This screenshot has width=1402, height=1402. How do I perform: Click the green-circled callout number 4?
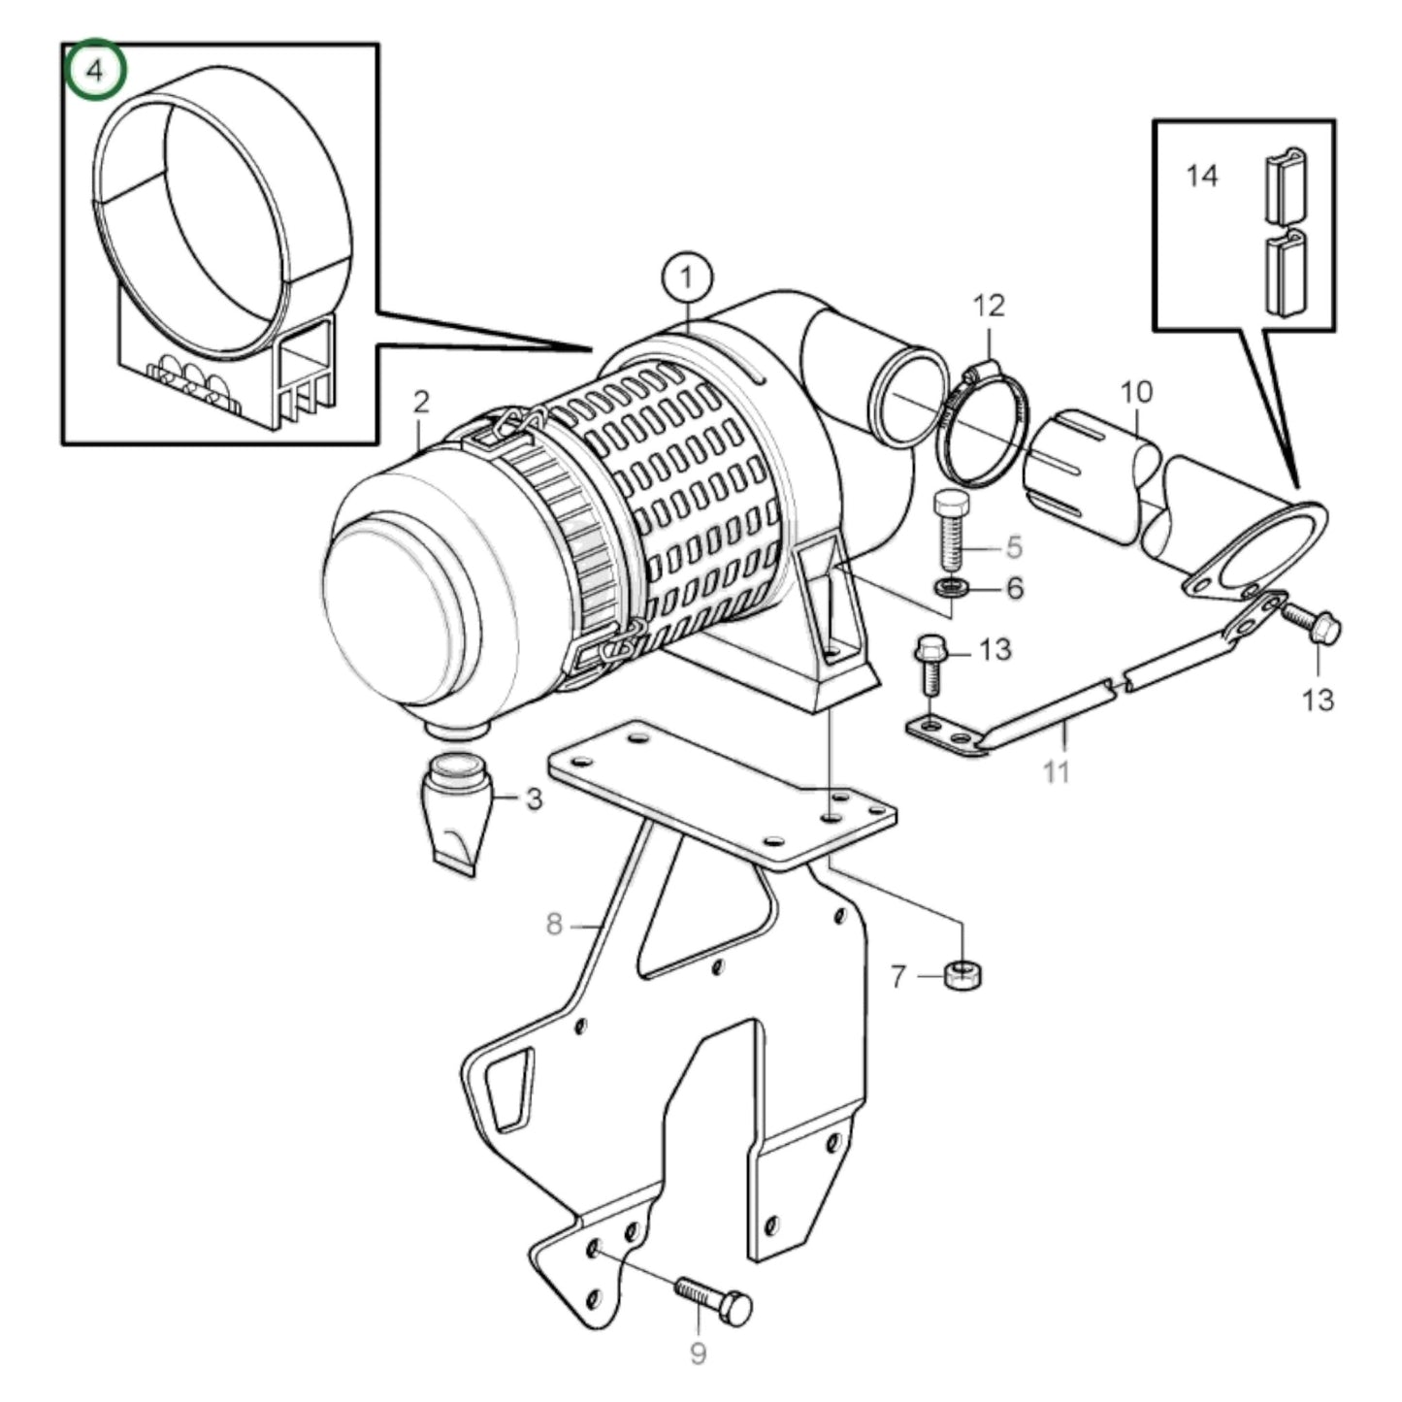(95, 71)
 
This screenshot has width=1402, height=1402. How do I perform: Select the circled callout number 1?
(687, 278)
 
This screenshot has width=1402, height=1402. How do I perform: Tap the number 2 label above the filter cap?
(420, 402)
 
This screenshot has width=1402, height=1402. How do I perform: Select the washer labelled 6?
(951, 587)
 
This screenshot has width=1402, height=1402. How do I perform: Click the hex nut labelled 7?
(962, 973)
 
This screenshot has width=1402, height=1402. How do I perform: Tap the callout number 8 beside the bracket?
(554, 924)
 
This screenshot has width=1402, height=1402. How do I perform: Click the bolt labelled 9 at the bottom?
(713, 1302)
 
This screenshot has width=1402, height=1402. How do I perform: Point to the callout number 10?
(1136, 392)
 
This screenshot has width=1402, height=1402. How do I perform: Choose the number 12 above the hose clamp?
(989, 306)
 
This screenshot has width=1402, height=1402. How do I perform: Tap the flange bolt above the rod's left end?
(929, 664)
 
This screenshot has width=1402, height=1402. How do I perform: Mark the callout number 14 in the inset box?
(1201, 176)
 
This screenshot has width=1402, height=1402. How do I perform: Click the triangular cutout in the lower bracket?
(509, 1089)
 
